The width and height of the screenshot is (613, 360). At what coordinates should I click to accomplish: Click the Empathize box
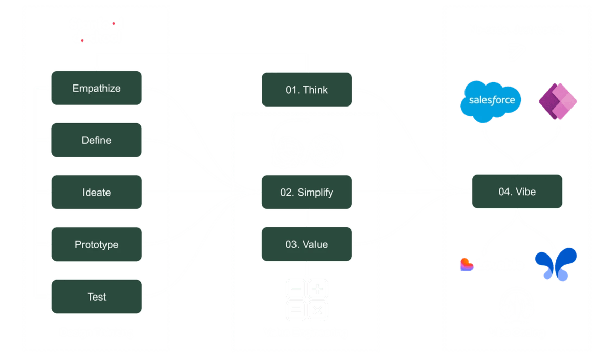point(96,89)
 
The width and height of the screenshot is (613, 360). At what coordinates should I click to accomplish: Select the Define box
point(96,140)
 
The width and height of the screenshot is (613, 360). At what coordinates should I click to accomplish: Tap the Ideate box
point(96,193)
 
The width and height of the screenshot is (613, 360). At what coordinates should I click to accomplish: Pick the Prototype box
point(96,245)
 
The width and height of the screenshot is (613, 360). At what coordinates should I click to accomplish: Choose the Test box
point(96,297)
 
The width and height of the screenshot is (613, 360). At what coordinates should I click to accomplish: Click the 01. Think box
point(306,90)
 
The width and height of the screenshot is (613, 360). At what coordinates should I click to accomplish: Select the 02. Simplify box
point(306,193)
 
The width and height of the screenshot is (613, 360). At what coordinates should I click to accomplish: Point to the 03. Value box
point(306,245)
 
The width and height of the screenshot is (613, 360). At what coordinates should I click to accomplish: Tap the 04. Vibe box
point(517,192)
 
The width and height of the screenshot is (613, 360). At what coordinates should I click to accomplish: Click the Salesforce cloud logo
point(491,101)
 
